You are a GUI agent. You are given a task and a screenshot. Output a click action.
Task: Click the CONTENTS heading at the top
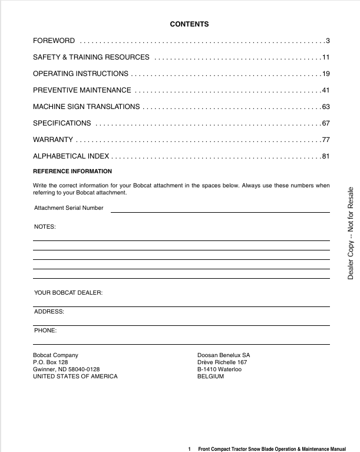pyautogui.click(x=189, y=24)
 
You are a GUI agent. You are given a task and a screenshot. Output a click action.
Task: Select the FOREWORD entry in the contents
pyautogui.click(x=54, y=41)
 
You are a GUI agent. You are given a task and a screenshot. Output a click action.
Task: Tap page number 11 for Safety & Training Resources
pyautogui.click(x=325, y=57)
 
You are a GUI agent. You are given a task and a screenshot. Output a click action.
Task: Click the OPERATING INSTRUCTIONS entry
pyautogui.click(x=81, y=74)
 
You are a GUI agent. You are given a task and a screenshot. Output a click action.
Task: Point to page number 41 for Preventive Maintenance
pyautogui.click(x=325, y=90)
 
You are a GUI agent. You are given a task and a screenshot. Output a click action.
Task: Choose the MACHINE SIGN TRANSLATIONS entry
pyautogui.click(x=87, y=107)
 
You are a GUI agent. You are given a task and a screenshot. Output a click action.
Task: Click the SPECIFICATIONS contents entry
pyautogui.click(x=62, y=123)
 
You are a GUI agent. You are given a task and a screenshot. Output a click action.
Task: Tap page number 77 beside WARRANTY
pyautogui.click(x=325, y=140)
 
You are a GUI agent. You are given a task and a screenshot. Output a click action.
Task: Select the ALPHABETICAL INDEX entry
pyautogui.click(x=71, y=156)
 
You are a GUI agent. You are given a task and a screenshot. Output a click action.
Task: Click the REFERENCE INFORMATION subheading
pyautogui.click(x=72, y=171)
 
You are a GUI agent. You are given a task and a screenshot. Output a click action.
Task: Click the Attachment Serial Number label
pyautogui.click(x=69, y=208)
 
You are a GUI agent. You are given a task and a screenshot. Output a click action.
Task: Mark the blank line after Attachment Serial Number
pyautogui.click(x=220, y=211)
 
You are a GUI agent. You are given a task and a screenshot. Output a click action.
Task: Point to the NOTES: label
pyautogui.click(x=45, y=227)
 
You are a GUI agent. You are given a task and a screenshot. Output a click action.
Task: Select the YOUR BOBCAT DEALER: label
pyautogui.click(x=68, y=293)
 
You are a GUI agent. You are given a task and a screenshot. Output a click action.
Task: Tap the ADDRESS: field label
pyautogui.click(x=49, y=311)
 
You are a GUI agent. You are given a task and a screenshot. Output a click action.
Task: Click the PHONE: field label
pyautogui.click(x=45, y=330)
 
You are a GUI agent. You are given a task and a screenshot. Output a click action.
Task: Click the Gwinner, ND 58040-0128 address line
pyautogui.click(x=67, y=369)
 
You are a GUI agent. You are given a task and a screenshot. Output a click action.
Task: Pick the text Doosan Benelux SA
pyautogui.click(x=224, y=355)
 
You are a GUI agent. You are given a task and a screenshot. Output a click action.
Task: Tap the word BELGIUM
pyautogui.click(x=211, y=377)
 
